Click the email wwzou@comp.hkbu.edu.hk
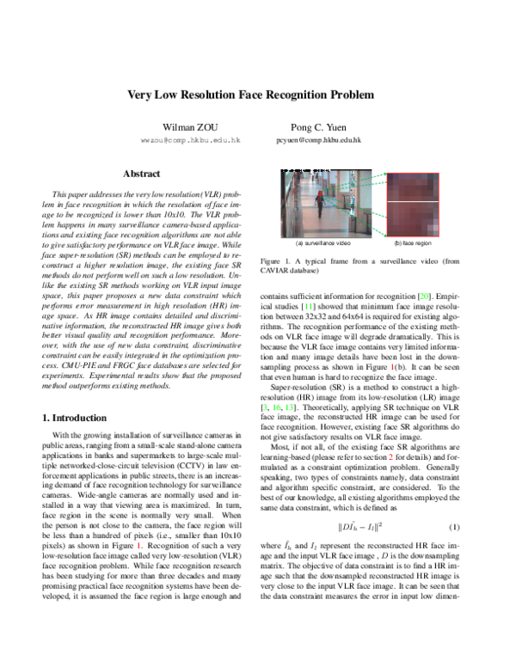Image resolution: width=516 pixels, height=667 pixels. tap(178, 139)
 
